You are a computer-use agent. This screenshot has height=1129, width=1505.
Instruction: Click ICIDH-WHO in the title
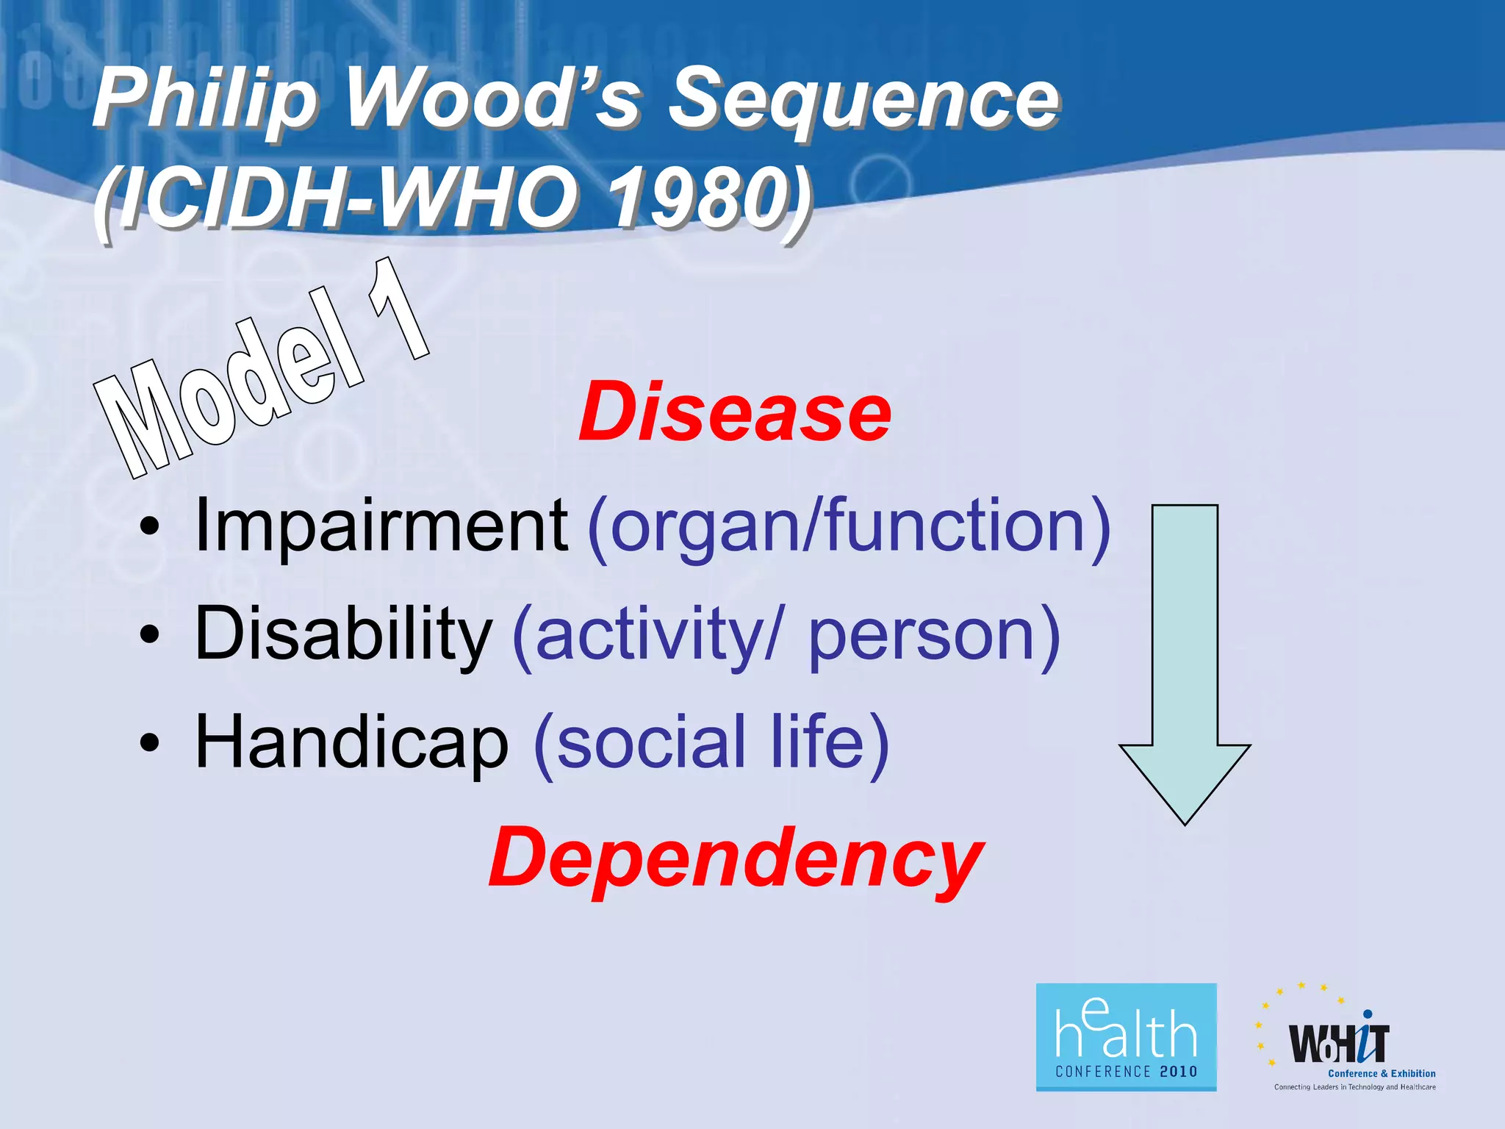pyautogui.click(x=345, y=198)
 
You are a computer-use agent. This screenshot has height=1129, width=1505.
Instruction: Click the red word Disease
pyautogui.click(x=735, y=413)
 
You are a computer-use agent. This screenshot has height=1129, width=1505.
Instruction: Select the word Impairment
pyautogui.click(x=380, y=526)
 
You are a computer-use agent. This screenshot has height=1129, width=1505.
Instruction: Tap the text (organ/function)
pyautogui.click(x=849, y=526)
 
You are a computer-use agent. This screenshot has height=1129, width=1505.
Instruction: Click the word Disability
pyautogui.click(x=342, y=634)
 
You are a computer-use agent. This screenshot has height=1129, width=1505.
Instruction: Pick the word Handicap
pyautogui.click(x=351, y=742)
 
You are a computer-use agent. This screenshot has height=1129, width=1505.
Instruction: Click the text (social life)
pyautogui.click(x=711, y=742)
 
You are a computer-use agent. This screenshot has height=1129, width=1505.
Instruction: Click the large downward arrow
pyautogui.click(x=1184, y=662)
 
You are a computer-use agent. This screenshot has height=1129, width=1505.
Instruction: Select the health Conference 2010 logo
pyautogui.click(x=1126, y=1037)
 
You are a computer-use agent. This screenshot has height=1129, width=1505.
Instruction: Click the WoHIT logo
pyautogui.click(x=1345, y=1044)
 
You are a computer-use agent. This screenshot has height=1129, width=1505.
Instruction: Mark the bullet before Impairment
pyautogui.click(x=150, y=528)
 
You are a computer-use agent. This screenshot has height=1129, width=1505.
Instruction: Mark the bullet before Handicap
pyautogui.click(x=150, y=744)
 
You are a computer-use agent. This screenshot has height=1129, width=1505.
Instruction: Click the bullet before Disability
pyautogui.click(x=150, y=636)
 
